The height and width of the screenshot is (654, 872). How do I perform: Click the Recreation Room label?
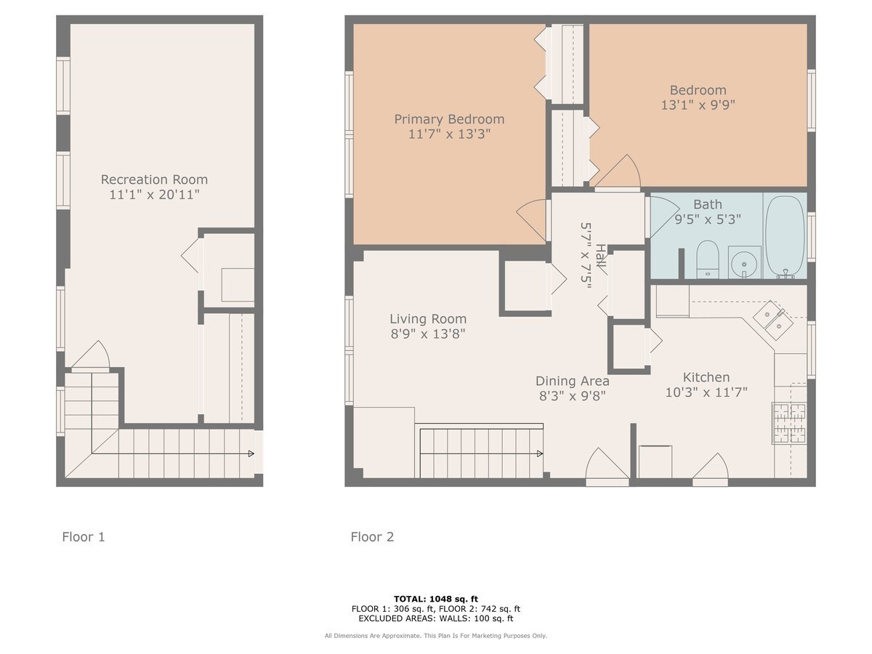click(x=154, y=179)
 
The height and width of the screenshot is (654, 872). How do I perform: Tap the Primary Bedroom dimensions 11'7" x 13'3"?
click(x=449, y=134)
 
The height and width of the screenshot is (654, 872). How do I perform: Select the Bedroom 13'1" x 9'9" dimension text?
click(x=698, y=105)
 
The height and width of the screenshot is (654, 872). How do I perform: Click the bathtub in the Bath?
click(x=785, y=235)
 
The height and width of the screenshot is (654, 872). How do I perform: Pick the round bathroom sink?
click(x=743, y=262)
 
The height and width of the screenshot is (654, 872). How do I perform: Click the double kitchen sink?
click(x=772, y=321)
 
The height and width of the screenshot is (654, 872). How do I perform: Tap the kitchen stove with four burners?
click(x=789, y=423)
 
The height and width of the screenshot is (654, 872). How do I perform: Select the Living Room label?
click(x=428, y=319)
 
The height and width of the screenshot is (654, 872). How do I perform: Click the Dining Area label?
click(x=572, y=381)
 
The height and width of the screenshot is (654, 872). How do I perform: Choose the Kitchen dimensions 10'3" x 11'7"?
click(x=706, y=392)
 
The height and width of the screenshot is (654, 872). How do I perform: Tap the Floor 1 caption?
click(x=84, y=537)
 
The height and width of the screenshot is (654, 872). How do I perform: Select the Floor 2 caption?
click(x=372, y=537)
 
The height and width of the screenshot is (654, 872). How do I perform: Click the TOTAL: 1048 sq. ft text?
click(x=436, y=599)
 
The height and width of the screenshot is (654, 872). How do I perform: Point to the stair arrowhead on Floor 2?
click(x=540, y=453)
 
